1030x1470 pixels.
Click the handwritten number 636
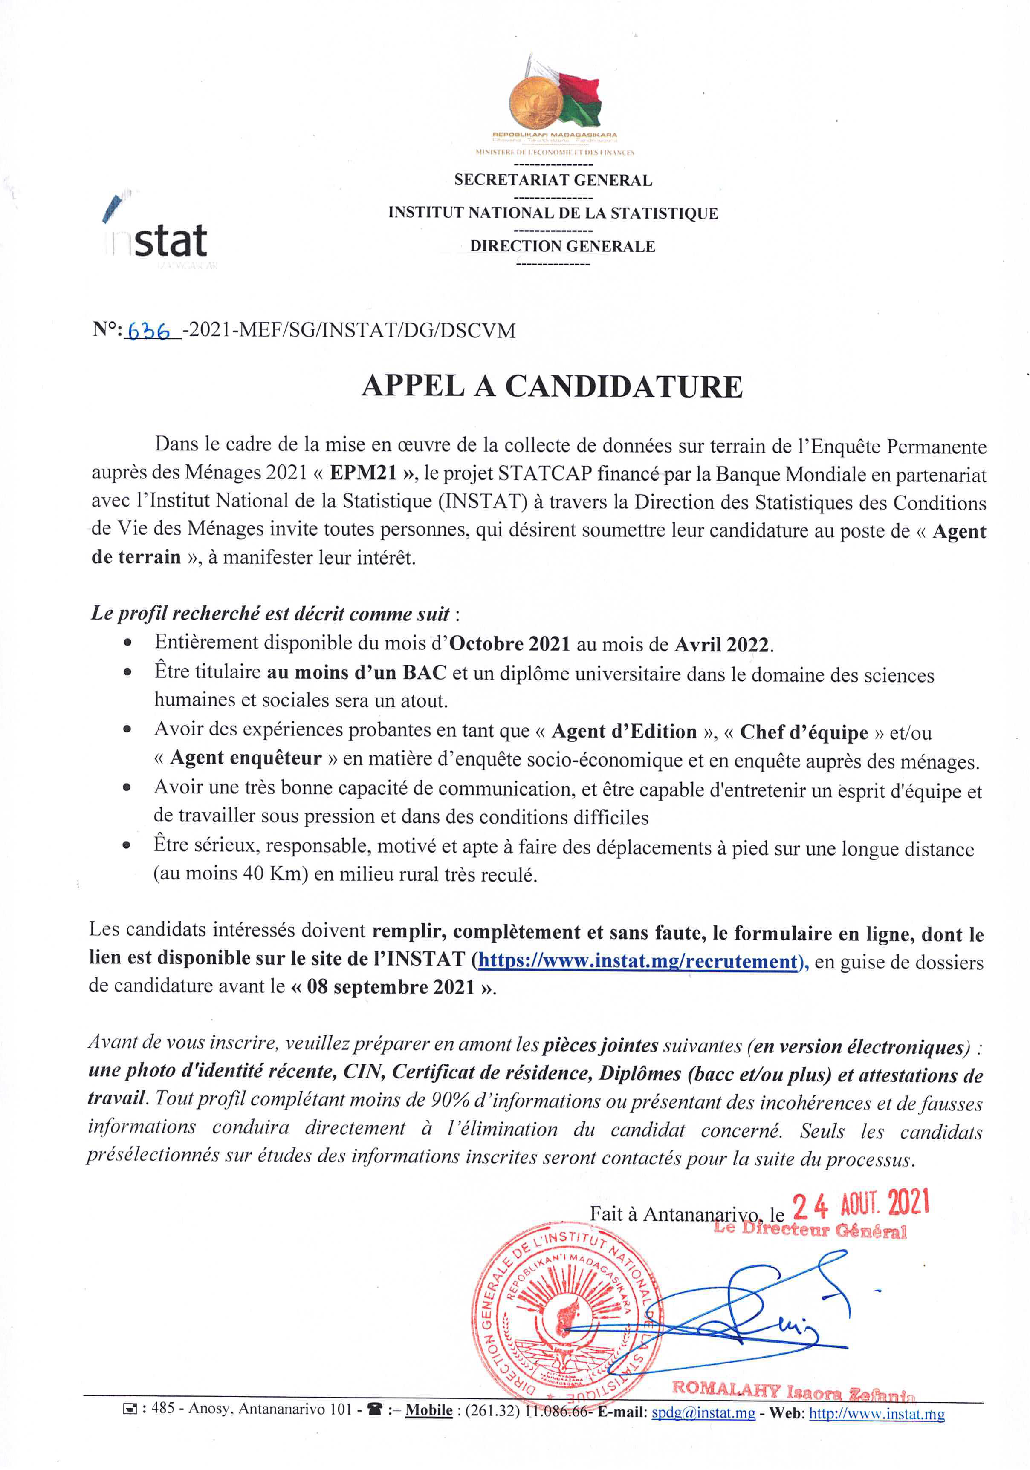click(x=149, y=331)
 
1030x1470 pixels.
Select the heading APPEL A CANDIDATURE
click(x=552, y=387)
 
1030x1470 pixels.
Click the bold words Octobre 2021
click(x=509, y=643)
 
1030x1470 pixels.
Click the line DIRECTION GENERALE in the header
click(x=562, y=247)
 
